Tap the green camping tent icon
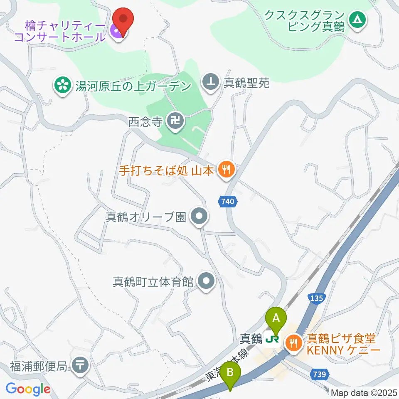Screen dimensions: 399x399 [356, 19]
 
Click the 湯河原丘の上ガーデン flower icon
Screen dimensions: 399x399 [63, 86]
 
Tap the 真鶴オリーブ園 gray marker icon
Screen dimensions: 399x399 [198, 217]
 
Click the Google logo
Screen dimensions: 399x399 [28, 389]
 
